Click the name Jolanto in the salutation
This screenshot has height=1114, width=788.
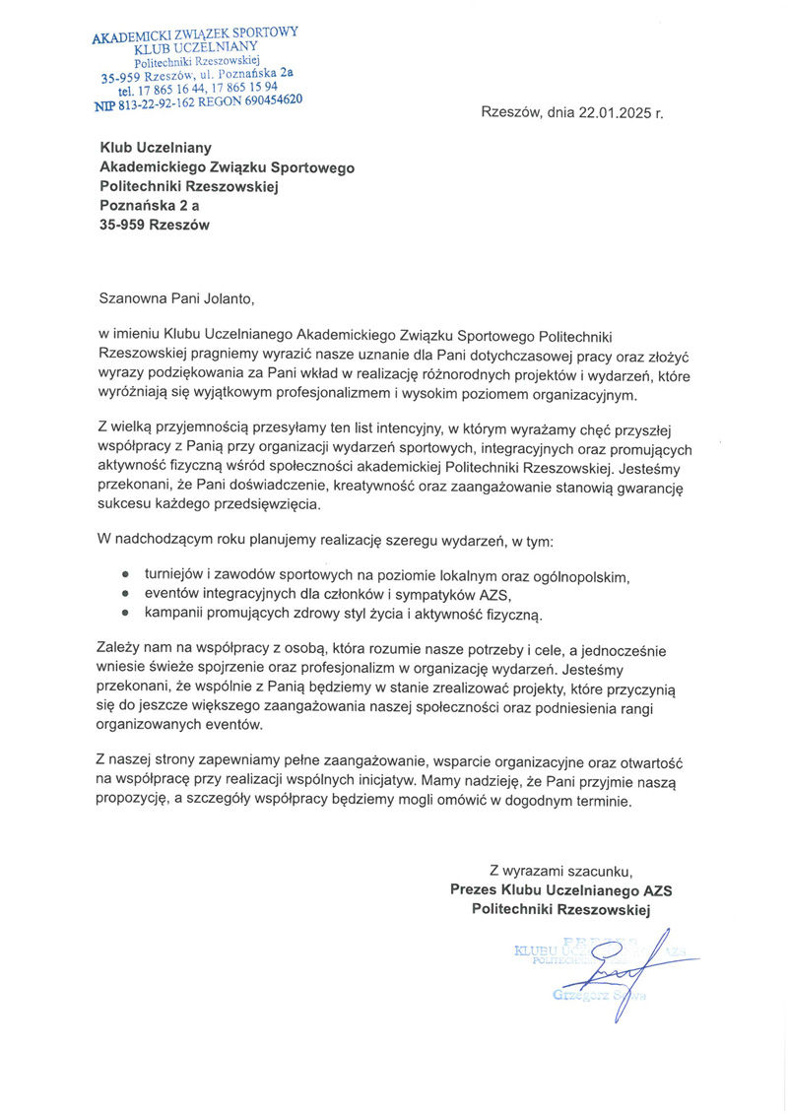click(x=233, y=293)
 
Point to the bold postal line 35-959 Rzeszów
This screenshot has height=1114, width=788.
click(x=155, y=224)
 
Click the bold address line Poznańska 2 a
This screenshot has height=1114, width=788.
click(x=150, y=205)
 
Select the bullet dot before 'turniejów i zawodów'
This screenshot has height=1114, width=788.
click(x=125, y=573)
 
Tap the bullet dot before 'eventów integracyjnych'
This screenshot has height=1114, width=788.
click(x=125, y=594)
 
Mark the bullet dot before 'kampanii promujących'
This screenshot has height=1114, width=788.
click(x=125, y=615)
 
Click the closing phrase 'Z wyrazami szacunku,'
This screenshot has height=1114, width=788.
click(x=560, y=870)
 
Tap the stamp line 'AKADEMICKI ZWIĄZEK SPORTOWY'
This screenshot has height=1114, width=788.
click(x=194, y=36)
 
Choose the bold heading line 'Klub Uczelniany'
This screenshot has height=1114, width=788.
click(x=156, y=148)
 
